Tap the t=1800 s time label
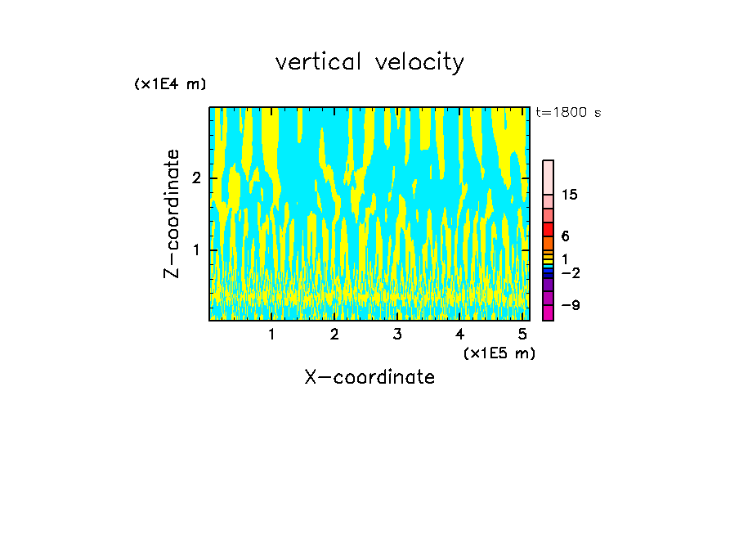[x=567, y=113]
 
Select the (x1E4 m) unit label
[x=170, y=84]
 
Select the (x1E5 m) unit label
[x=499, y=353]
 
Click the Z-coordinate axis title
[x=172, y=214]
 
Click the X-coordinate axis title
[x=369, y=377]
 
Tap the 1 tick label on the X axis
[x=272, y=335]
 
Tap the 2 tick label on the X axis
[x=334, y=335]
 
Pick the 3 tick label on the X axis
[x=397, y=335]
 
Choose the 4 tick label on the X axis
[x=460, y=335]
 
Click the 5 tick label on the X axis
[x=522, y=335]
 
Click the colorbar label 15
[x=570, y=195]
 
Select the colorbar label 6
[x=565, y=236]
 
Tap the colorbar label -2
[x=570, y=272]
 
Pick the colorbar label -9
[x=570, y=305]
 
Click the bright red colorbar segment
[x=548, y=229]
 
